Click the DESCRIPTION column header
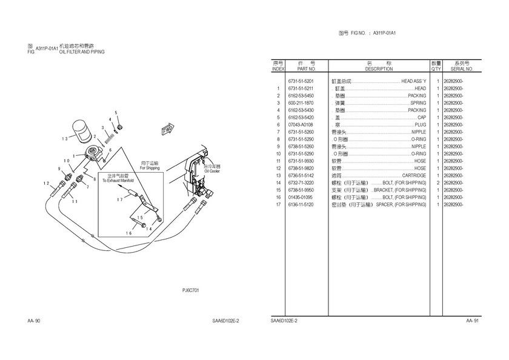pos(379,70)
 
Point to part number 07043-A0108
pos(301,125)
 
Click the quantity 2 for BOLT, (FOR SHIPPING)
pos(437,183)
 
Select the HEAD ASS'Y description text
pos(414,81)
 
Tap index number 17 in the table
pos(278,205)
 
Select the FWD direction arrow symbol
pos(167,130)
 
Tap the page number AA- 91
pos(473,321)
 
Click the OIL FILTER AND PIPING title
pos(82,53)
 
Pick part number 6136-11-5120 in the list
pos(301,205)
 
